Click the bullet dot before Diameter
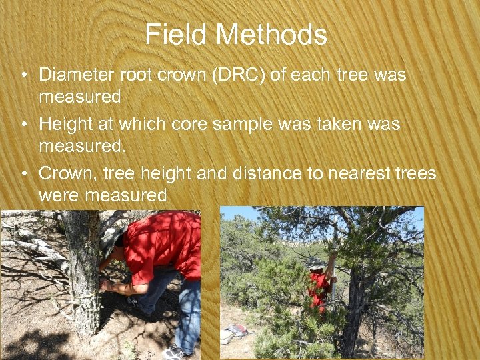(x=24, y=75)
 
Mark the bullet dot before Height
(x=24, y=125)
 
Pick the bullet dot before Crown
(x=24, y=174)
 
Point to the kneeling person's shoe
(x=175, y=351)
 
